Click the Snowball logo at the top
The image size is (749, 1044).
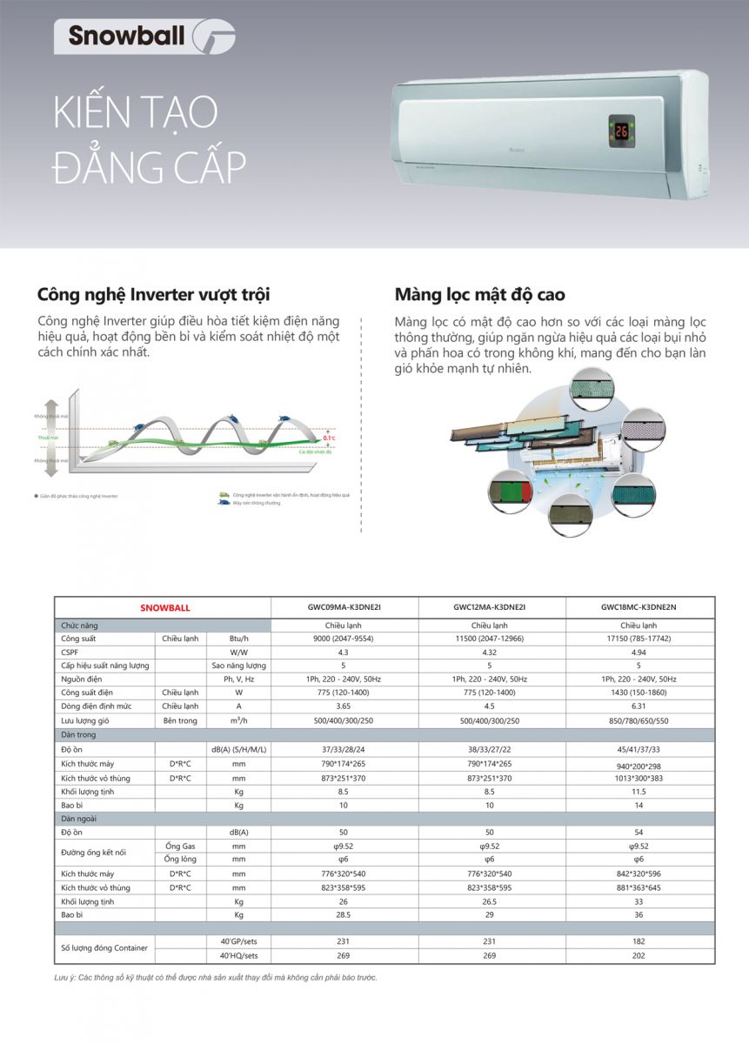pos(144,36)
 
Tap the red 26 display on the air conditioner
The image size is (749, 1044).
pos(621,132)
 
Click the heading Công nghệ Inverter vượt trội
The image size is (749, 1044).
pos(153,294)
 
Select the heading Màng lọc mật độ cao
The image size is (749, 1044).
pos(479,294)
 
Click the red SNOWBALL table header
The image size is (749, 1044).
pos(164,608)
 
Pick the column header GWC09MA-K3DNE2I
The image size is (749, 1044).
pos(344,608)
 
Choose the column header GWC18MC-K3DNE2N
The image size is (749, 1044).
pos(639,608)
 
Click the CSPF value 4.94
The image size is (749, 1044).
pos(639,651)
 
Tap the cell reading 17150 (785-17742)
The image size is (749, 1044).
pos(639,638)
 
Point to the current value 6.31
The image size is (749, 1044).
pos(639,706)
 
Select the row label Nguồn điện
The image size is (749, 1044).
pos(82,679)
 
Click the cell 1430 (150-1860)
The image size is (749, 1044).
pos(639,693)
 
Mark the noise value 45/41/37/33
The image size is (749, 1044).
pos(639,749)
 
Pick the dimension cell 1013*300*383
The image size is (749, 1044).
pos(639,778)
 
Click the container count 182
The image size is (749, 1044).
pos(639,941)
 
